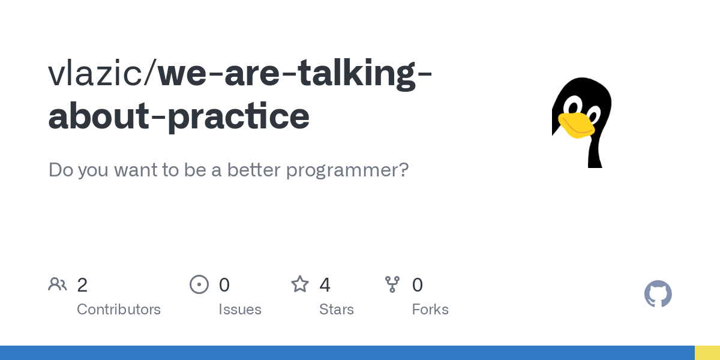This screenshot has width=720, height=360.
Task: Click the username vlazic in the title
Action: click(x=100, y=73)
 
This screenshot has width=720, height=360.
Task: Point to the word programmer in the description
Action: click(x=347, y=170)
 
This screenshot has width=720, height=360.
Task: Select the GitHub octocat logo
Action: click(x=658, y=294)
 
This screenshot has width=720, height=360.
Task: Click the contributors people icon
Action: click(x=58, y=284)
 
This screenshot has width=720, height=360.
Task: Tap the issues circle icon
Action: click(x=199, y=284)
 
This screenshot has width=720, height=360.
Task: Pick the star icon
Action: click(x=300, y=284)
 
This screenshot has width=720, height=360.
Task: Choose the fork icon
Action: click(x=392, y=284)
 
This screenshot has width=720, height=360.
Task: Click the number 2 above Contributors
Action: click(x=82, y=285)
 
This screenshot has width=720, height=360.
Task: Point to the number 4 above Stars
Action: click(x=325, y=285)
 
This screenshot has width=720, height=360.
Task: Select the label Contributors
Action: click(x=119, y=310)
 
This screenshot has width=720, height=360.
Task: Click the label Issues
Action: click(x=240, y=310)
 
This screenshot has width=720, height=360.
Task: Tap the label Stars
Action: click(x=337, y=310)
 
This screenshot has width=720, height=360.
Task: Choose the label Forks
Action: click(x=430, y=310)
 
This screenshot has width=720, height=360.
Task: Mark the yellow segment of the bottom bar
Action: click(x=707, y=353)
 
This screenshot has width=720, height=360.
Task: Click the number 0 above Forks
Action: click(x=418, y=285)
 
